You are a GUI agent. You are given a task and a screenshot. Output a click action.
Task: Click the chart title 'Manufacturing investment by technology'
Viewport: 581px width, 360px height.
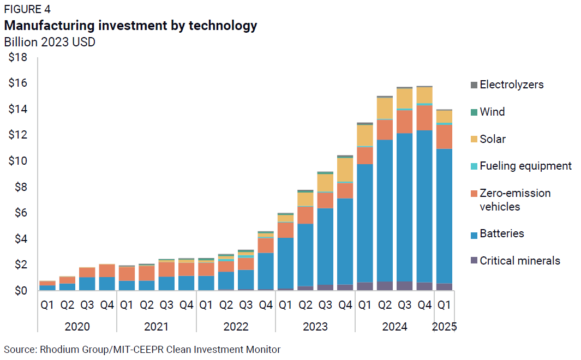[x=130, y=26]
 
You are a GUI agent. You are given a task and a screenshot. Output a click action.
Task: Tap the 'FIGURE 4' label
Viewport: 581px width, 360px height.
[x=27, y=9]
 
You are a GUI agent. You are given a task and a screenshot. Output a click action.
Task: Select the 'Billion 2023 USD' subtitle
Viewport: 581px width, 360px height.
[x=50, y=42]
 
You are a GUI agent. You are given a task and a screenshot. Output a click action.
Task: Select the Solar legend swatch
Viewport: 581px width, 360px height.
[x=474, y=140]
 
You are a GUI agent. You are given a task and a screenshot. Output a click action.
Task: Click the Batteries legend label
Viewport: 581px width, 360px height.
[x=501, y=234]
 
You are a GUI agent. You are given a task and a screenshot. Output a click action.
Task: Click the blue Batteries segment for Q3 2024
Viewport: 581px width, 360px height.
[x=404, y=207]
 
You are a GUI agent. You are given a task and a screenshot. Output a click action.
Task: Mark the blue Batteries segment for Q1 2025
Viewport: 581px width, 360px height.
[x=444, y=215]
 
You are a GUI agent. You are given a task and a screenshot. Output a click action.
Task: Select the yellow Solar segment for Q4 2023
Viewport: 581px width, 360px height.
[x=345, y=170]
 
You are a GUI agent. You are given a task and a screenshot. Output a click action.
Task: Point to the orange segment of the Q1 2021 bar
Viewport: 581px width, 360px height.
[x=127, y=273]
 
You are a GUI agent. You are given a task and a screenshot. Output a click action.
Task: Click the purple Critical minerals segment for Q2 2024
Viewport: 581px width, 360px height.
[x=385, y=286]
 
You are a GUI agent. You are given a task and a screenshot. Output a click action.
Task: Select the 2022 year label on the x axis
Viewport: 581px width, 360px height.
[x=235, y=327]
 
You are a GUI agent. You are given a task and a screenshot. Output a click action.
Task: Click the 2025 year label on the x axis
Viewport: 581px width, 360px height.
[x=444, y=327]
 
